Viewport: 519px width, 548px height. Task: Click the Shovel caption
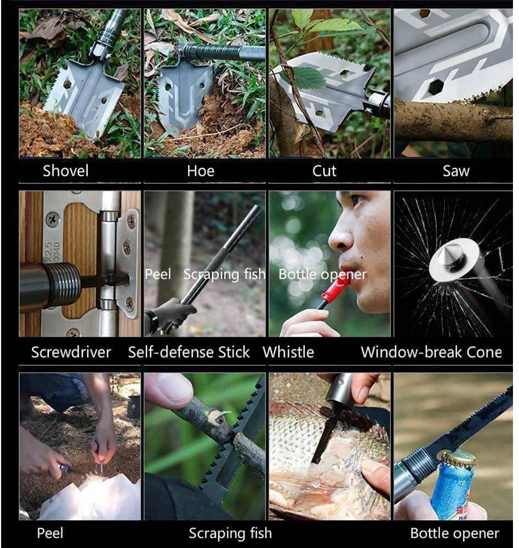65,171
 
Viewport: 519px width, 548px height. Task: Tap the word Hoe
201,171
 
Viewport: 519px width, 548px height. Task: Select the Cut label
324,171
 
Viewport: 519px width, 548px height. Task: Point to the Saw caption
455,171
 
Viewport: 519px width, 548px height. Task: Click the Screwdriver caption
71,352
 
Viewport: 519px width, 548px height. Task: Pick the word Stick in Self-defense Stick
234,352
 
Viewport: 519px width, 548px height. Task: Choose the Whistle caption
288,352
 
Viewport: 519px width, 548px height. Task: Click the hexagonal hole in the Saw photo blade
436,86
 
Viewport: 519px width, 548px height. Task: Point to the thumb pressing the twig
169,390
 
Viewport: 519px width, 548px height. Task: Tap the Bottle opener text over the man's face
323,275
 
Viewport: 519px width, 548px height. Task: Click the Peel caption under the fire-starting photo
50,533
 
